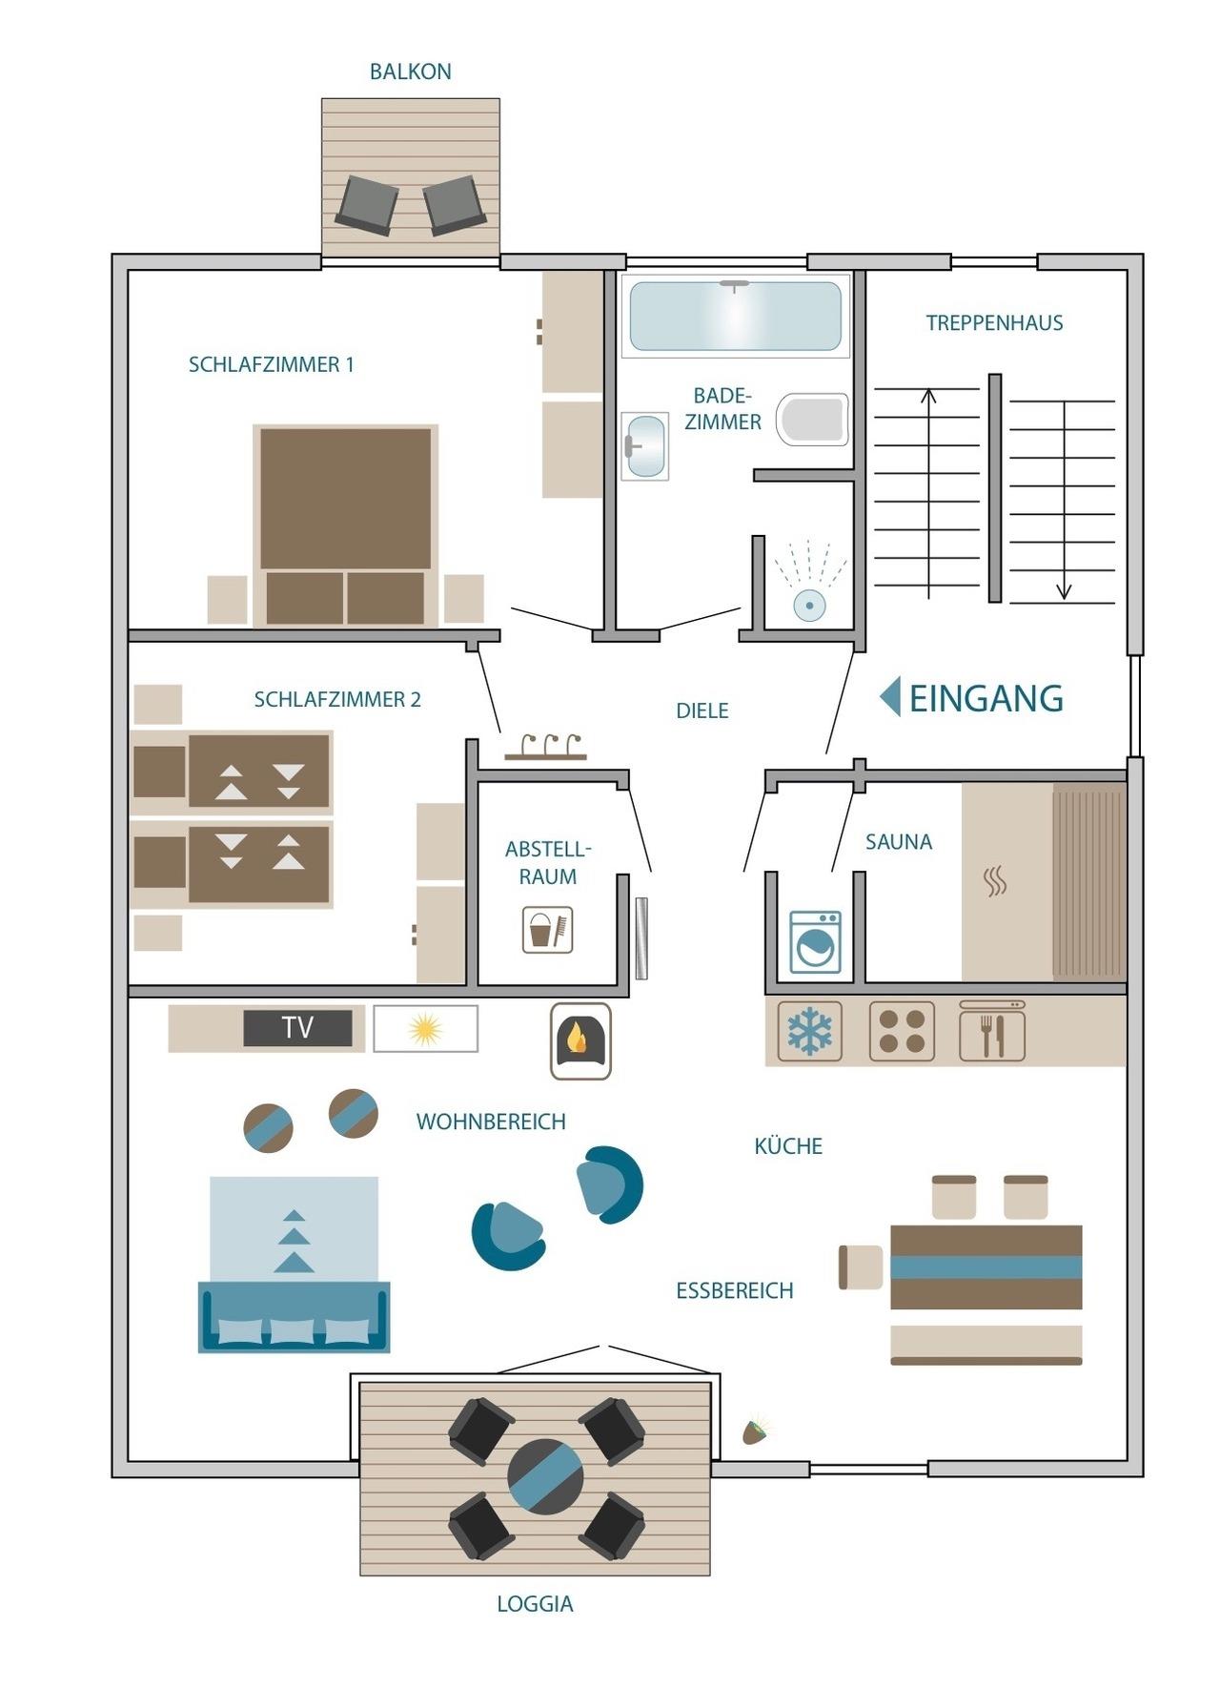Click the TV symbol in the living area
click(297, 1028)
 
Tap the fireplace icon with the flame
click(580, 1040)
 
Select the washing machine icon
click(816, 942)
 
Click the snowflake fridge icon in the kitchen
click(809, 1031)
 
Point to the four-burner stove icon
click(902, 1031)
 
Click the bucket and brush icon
click(548, 929)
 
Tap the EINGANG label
click(986, 698)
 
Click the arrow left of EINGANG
click(889, 697)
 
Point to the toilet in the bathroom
click(812, 420)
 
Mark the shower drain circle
click(809, 605)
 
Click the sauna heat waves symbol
click(995, 881)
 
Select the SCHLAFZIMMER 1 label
click(271, 364)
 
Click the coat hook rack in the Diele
click(545, 748)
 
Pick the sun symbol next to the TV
click(425, 1029)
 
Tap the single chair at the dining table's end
click(861, 1267)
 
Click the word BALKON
click(411, 72)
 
